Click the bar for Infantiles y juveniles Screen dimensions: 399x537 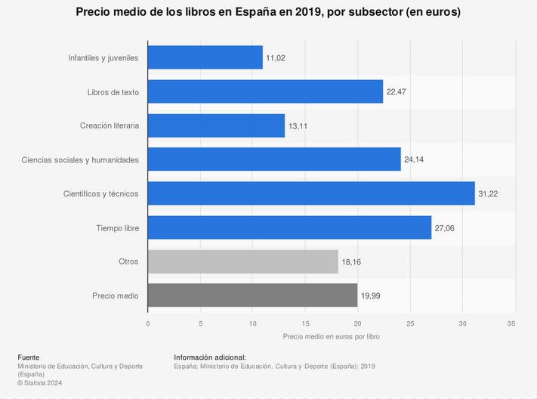[x=205, y=57]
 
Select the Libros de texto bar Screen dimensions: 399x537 [x=265, y=91]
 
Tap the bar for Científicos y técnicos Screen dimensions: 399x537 [x=311, y=193]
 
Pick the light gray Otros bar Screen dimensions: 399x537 [x=242, y=261]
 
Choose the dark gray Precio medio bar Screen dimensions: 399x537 [x=252, y=295]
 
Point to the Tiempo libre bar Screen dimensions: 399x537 [x=289, y=227]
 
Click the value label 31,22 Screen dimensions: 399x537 [x=488, y=194]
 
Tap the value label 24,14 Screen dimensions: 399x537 [x=414, y=160]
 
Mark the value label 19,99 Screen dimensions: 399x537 [x=370, y=296]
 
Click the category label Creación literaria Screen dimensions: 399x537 [x=109, y=125]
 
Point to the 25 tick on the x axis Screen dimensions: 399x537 [x=410, y=323]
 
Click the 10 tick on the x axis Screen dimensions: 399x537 [x=252, y=323]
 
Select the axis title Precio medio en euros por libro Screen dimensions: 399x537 [x=331, y=336]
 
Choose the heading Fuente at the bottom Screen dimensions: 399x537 [x=28, y=357]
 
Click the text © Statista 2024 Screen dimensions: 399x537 [x=40, y=383]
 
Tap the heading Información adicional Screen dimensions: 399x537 [x=210, y=357]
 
